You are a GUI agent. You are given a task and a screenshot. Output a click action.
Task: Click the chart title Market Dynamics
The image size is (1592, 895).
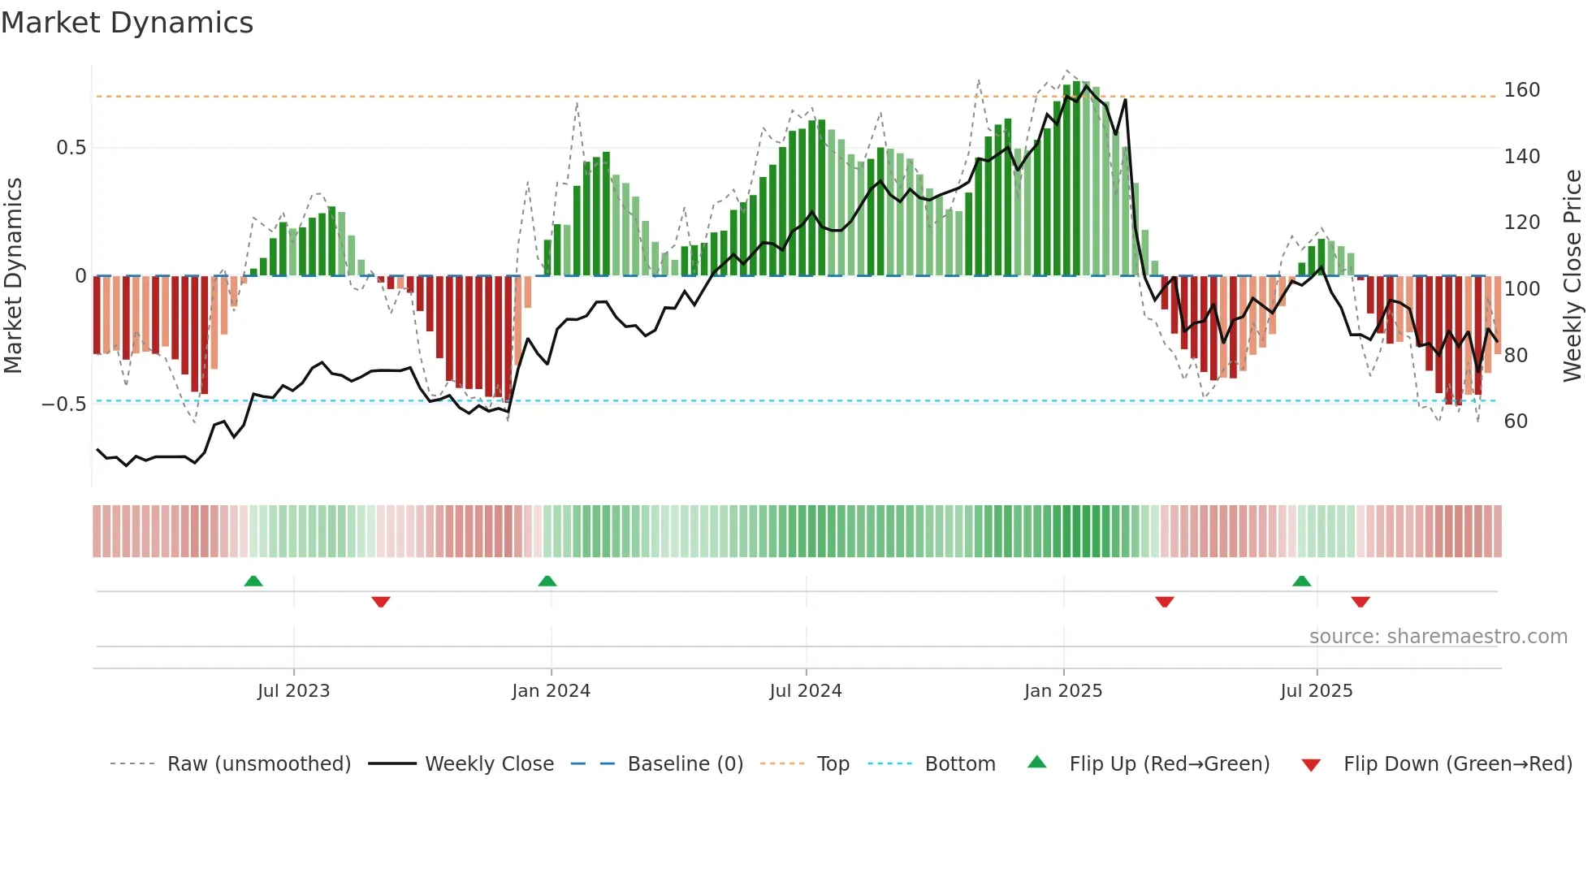point(128,23)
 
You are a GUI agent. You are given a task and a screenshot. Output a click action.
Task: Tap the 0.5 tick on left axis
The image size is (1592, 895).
point(71,148)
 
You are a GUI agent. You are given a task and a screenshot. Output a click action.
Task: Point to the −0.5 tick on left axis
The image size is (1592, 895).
point(64,404)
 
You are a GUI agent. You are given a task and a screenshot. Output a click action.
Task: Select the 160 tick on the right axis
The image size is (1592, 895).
point(1521,90)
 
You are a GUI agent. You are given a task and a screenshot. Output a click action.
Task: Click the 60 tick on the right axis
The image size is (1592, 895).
point(1516,422)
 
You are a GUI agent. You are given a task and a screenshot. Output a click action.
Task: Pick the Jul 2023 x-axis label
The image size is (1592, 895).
point(293,691)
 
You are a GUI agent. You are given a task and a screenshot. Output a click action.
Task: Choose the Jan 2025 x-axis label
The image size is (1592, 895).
point(1062,691)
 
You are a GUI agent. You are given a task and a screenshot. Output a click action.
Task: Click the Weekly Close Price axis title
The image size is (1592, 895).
point(1573,276)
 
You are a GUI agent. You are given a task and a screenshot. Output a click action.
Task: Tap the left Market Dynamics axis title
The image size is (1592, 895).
point(14,276)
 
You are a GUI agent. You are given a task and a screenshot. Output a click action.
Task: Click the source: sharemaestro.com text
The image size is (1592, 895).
point(1438,637)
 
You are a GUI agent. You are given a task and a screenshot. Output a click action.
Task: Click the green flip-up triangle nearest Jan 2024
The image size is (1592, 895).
point(547,581)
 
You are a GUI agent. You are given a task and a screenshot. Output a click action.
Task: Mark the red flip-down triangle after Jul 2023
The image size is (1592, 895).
point(381,602)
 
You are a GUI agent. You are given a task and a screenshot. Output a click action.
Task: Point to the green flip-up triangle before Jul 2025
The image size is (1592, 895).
point(1301,581)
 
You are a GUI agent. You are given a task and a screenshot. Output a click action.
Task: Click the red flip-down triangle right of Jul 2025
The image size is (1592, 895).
point(1361,602)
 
